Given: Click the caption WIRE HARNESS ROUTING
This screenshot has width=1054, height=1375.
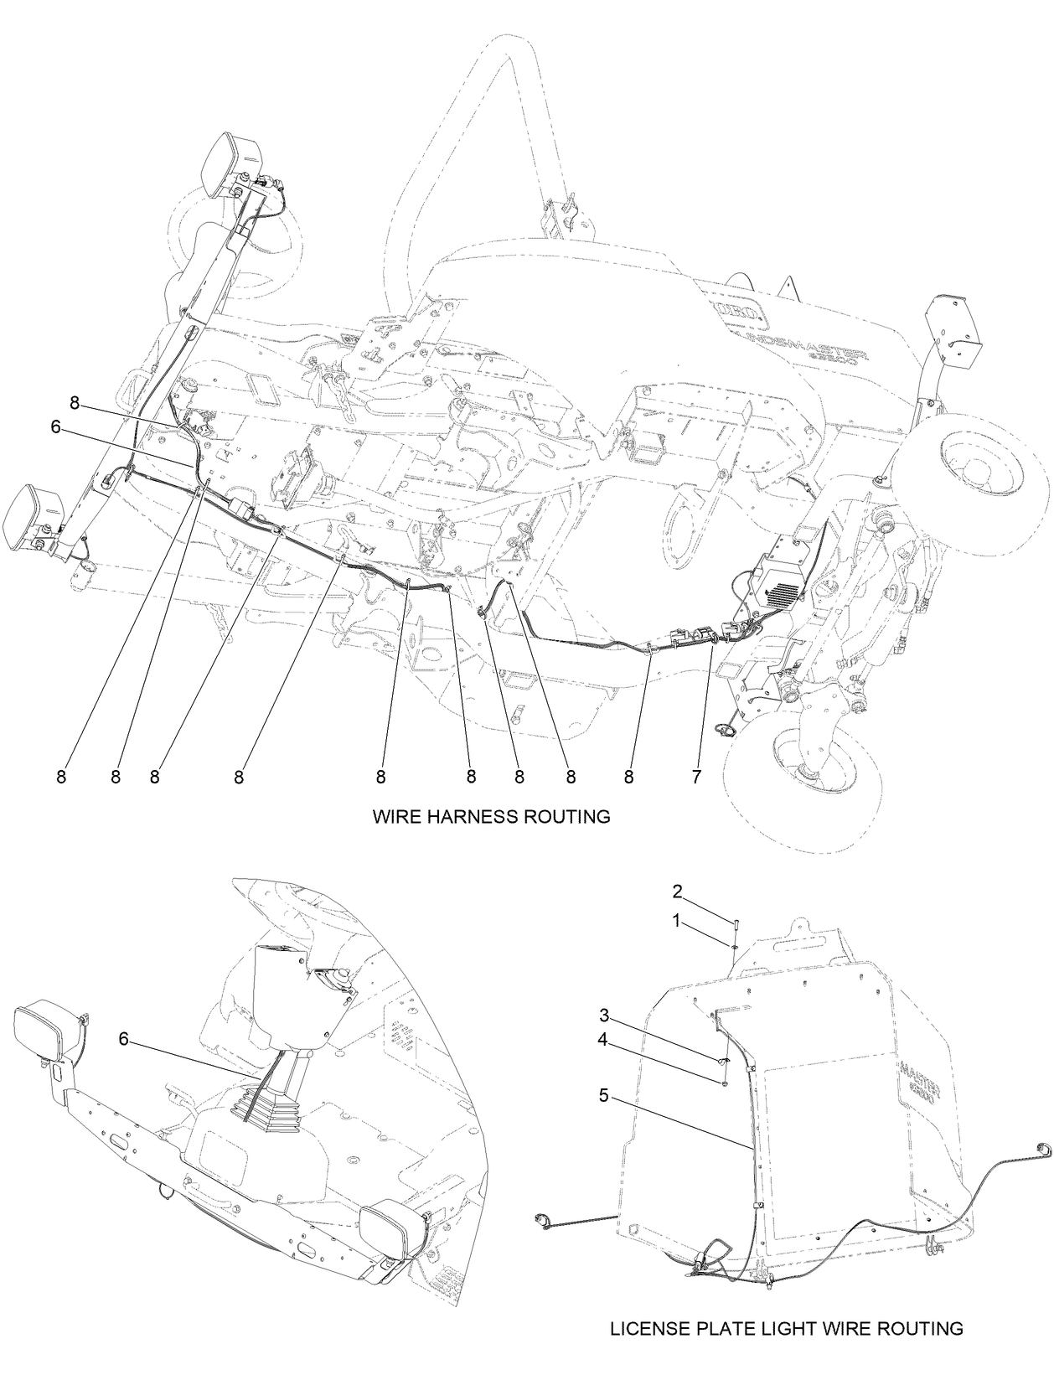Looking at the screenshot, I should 491,816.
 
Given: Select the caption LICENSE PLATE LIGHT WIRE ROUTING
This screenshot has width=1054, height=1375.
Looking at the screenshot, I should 785,1328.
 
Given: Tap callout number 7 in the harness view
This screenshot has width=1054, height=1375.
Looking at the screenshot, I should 695,777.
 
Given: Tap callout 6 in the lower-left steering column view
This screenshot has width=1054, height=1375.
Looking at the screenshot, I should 123,1039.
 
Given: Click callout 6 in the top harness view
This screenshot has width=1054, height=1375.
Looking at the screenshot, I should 55,426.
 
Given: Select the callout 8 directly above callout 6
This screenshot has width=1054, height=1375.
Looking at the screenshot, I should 74,403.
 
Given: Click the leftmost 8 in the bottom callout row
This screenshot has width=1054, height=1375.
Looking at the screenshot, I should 61,777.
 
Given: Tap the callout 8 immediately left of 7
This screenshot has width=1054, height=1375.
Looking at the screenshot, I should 628,777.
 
